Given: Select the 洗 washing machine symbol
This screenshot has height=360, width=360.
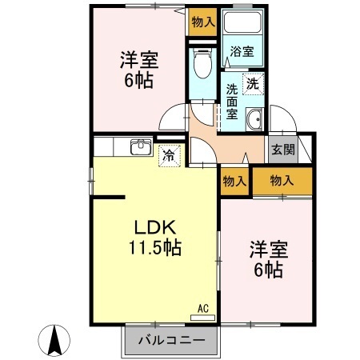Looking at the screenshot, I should [254, 82].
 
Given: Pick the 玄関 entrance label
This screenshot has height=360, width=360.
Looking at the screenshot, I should [282, 149].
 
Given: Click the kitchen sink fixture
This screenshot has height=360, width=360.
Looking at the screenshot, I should [140, 148].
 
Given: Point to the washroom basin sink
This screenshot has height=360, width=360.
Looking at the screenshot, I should [255, 122].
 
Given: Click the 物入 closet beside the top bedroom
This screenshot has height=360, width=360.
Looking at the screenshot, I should [202, 22].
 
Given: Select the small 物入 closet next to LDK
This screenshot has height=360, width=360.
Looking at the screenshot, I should [234, 182].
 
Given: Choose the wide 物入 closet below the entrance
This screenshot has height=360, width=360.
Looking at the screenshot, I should [282, 182].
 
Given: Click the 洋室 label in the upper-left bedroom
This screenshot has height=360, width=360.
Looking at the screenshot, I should [140, 59].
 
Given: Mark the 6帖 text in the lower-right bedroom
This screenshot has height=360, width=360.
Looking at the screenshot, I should [268, 270].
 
